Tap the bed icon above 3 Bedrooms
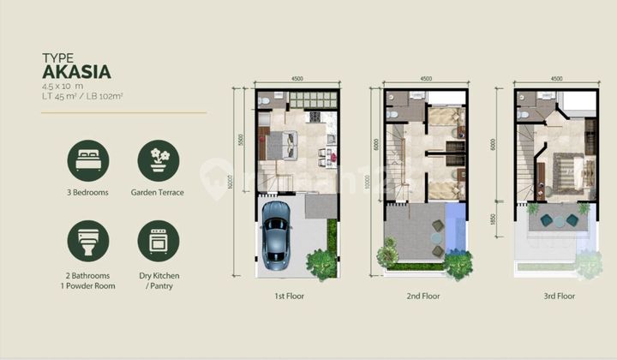(88, 161)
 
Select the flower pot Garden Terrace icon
(159, 161)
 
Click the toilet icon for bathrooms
(88, 242)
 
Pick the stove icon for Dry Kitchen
(159, 242)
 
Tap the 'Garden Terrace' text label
(159, 193)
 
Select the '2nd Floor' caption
(423, 296)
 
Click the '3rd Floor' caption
(555, 296)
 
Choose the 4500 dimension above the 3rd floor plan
(556, 79)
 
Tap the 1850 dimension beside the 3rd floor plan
(503, 221)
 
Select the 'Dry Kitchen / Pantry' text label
(159, 280)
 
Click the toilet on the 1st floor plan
(266, 100)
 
